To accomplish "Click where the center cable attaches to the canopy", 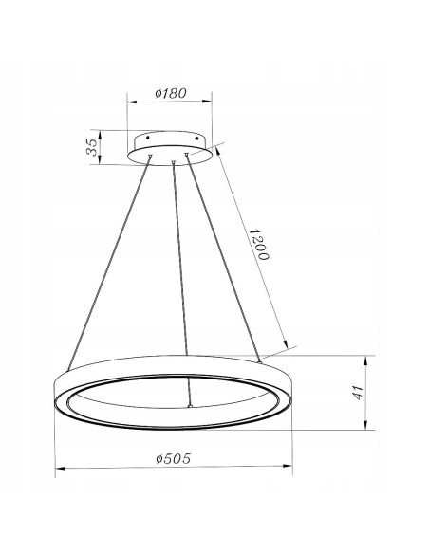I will (174, 163).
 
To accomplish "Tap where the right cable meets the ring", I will (258, 361).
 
